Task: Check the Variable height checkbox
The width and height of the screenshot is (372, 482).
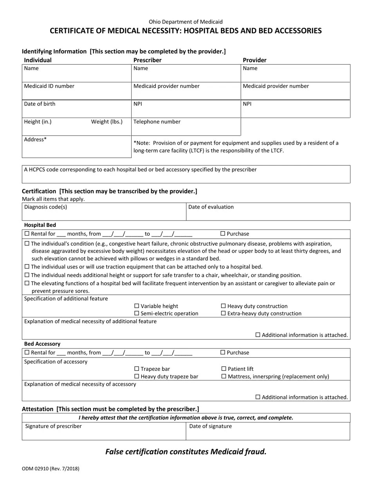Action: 137,306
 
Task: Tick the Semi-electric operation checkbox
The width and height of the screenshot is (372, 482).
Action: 137,313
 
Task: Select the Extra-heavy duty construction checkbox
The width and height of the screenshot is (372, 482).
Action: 224,313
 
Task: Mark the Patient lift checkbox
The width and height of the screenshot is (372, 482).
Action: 224,369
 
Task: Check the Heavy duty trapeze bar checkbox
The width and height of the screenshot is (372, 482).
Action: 137,377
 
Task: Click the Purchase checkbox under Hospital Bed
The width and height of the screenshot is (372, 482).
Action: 223,234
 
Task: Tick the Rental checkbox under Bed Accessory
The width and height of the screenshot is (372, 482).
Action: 27,353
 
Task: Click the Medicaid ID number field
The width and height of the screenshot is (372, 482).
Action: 76,92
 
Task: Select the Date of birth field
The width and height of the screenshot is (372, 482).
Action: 76,109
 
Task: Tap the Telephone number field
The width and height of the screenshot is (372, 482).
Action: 186,127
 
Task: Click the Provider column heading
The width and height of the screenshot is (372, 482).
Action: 255,60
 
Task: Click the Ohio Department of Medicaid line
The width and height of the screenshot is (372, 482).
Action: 186,22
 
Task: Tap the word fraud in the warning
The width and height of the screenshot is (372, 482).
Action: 256,451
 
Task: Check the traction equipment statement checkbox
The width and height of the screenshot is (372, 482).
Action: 27,267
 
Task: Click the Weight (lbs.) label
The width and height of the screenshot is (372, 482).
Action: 107,121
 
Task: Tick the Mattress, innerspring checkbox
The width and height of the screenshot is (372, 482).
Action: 224,377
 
